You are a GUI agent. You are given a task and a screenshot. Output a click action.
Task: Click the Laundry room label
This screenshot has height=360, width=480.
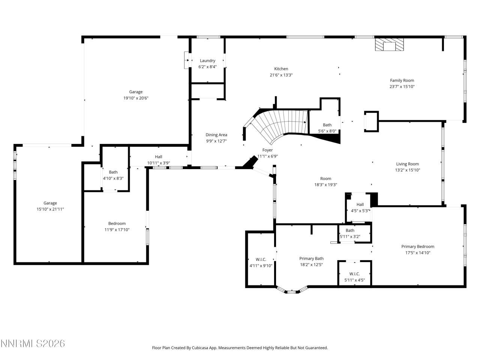[x=207, y=61]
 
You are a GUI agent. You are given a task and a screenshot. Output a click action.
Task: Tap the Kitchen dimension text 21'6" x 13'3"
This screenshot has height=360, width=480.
[x=281, y=75]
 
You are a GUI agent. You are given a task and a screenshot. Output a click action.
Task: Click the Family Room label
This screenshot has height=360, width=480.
[x=402, y=80]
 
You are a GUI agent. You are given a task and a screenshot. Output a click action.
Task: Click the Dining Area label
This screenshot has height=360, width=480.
[x=216, y=135]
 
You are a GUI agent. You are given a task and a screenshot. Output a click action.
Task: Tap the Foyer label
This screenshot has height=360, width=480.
[x=267, y=150]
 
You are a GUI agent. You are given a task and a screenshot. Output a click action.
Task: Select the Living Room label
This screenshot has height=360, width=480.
[x=408, y=164]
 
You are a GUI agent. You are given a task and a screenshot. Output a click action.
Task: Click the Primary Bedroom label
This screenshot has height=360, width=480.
[x=418, y=246]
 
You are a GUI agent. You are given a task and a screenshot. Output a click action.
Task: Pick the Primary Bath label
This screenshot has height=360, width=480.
[x=311, y=258]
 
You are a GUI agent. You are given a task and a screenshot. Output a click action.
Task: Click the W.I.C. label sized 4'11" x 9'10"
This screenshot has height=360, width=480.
[x=261, y=259]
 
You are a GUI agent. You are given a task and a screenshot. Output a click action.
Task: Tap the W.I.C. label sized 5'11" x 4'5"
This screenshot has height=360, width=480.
[x=355, y=274]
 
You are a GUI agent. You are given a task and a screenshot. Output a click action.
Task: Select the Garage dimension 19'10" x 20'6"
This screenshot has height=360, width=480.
[x=136, y=98]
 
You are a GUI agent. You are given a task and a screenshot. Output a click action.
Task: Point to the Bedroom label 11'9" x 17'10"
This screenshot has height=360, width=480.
[x=117, y=223]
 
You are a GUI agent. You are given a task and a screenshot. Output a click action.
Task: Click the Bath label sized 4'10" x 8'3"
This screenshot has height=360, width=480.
[x=113, y=172]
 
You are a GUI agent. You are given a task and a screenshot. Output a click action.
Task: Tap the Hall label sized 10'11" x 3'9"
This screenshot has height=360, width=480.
[x=159, y=157]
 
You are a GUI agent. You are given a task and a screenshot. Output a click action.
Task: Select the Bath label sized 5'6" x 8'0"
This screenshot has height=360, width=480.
[x=327, y=125]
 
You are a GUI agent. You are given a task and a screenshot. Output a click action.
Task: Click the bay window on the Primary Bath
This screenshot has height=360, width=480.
[x=291, y=291]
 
